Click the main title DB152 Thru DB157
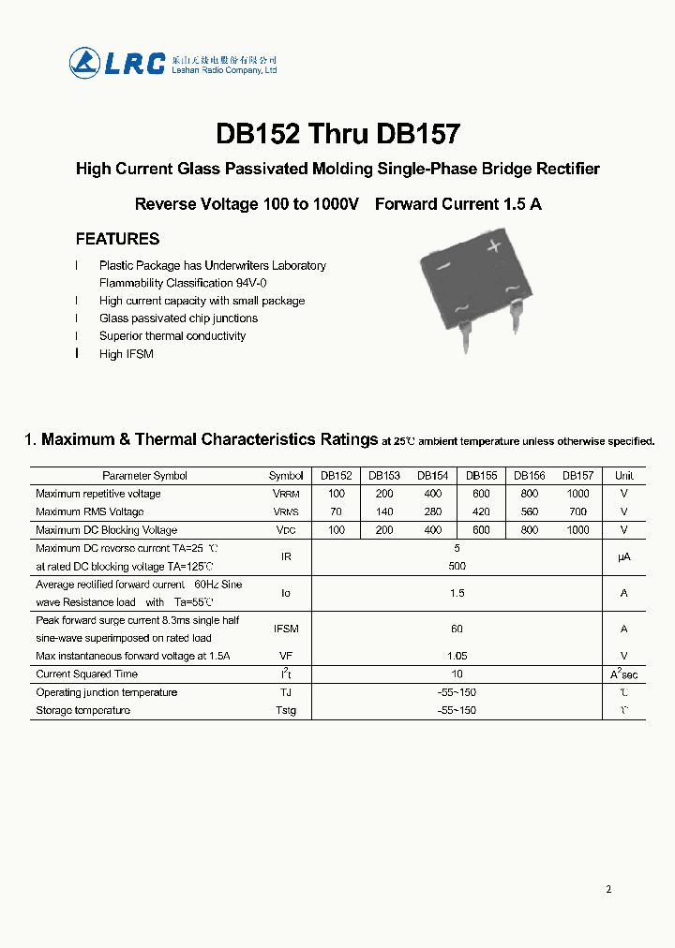pyautogui.click(x=337, y=134)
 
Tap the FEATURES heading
pyautogui.click(x=117, y=239)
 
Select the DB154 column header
pyautogui.click(x=432, y=476)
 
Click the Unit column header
pyautogui.click(x=623, y=476)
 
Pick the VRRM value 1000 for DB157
pyautogui.click(x=578, y=494)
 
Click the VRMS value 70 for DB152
pyautogui.click(x=337, y=511)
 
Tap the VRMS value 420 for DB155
pyautogui.click(x=481, y=511)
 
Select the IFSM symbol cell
pyautogui.click(x=286, y=629)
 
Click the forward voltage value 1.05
pyautogui.click(x=457, y=656)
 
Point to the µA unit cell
pyautogui.click(x=623, y=556)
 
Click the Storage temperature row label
pyautogui.click(x=83, y=710)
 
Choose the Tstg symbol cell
pyautogui.click(x=286, y=710)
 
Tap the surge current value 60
pyautogui.click(x=457, y=629)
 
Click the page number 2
pyautogui.click(x=608, y=889)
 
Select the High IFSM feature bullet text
pyautogui.click(x=126, y=354)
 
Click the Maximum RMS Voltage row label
pyautogui.click(x=90, y=511)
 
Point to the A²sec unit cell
pyautogui.click(x=623, y=674)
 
